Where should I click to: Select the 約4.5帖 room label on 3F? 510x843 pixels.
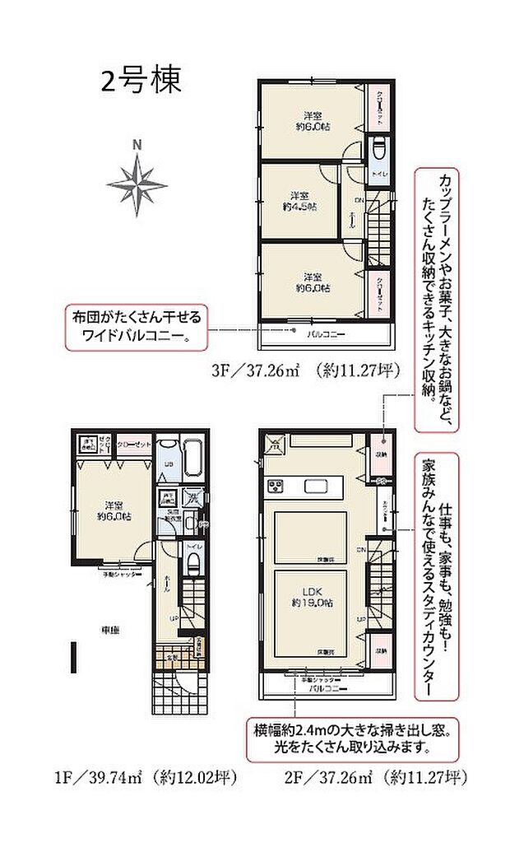[x=304, y=201]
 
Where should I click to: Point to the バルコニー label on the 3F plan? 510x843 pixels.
[x=326, y=333]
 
